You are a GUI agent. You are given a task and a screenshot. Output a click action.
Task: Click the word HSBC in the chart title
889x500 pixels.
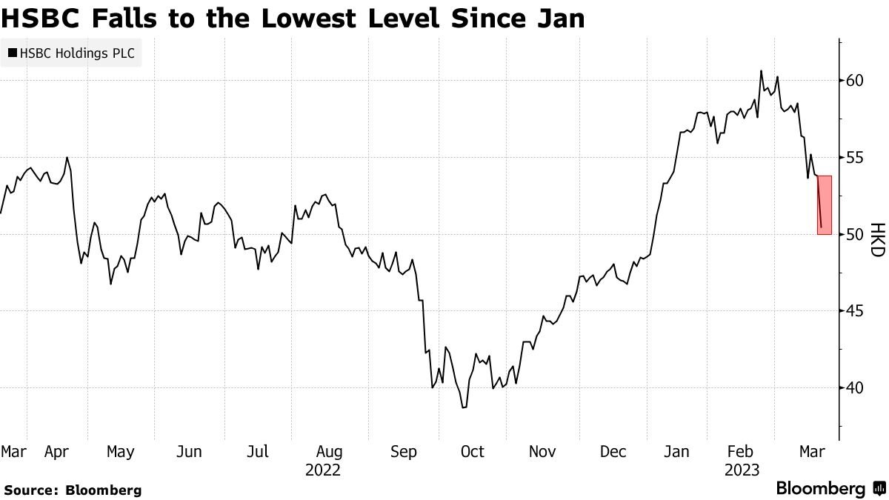click(41, 19)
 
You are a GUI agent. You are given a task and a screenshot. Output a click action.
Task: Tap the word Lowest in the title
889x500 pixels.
click(310, 19)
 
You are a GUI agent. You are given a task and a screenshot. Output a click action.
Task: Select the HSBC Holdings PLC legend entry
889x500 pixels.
click(71, 53)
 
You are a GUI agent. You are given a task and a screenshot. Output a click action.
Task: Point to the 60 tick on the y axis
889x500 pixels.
click(854, 81)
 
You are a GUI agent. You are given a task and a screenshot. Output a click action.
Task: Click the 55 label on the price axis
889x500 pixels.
click(854, 158)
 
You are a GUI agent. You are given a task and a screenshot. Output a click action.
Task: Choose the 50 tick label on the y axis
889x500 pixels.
click(854, 235)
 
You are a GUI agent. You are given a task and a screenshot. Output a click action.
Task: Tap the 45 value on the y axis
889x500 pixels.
click(854, 311)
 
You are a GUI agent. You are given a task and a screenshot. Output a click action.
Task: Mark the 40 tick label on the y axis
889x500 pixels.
click(854, 387)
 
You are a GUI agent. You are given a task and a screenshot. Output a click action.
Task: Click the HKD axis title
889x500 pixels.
click(878, 240)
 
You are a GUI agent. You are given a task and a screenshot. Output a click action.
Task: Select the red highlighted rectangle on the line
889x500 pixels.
click(825, 205)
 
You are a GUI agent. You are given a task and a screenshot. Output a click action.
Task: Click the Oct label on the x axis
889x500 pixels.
click(473, 452)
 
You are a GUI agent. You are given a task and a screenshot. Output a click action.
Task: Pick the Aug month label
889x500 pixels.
click(329, 453)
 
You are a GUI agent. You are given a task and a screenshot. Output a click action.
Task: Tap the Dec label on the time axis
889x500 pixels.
click(613, 452)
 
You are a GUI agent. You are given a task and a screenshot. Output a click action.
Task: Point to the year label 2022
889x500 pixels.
click(323, 470)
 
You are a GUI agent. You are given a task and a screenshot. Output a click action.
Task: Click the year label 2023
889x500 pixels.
click(742, 470)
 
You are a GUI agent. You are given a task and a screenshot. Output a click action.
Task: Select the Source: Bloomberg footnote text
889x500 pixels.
click(73, 490)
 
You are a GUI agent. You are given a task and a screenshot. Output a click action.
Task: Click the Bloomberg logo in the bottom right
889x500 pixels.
click(832, 488)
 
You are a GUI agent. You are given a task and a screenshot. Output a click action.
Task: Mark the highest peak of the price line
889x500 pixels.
click(761, 70)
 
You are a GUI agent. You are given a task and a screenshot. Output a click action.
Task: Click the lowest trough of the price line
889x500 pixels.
click(463, 407)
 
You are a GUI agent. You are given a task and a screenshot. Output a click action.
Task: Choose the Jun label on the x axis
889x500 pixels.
click(189, 452)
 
